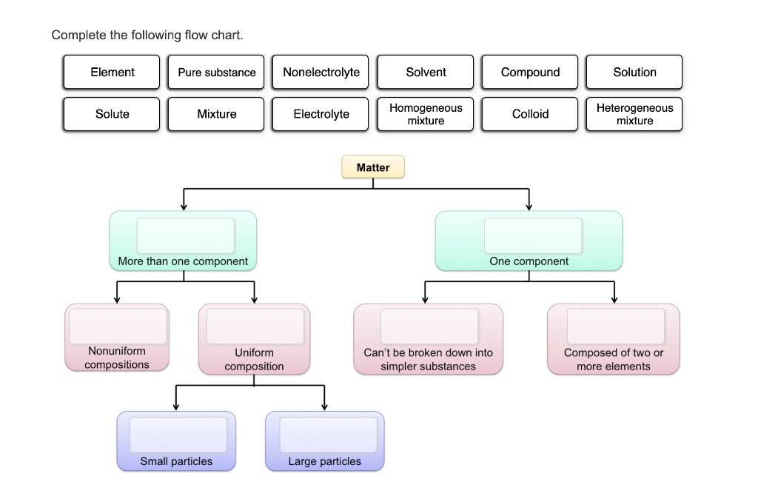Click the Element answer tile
click(x=112, y=73)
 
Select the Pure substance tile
click(x=216, y=73)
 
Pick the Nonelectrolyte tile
click(x=321, y=73)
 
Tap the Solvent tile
click(x=426, y=73)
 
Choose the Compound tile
click(x=530, y=73)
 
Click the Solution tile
click(x=634, y=73)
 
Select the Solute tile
click(x=112, y=114)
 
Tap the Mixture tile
click(x=216, y=114)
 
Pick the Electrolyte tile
click(x=321, y=114)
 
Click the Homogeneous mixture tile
click(x=426, y=114)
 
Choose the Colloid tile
click(x=530, y=114)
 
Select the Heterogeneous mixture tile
click(x=634, y=114)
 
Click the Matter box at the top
click(x=373, y=167)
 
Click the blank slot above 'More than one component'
click(x=185, y=235)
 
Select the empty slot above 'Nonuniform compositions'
click(x=118, y=327)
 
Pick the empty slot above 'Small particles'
click(x=178, y=435)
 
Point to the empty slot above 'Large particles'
click(x=328, y=435)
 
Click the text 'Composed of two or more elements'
click(x=614, y=359)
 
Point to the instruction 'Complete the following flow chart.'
click(x=147, y=35)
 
